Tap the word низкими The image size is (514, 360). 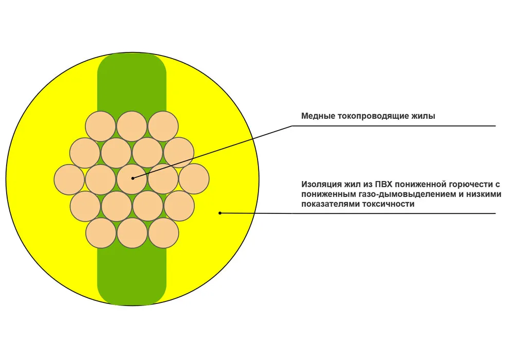tap(484, 194)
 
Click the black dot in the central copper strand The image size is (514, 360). tap(133, 178)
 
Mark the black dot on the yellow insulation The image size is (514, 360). tap(221, 213)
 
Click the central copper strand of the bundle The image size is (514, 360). tap(132, 179)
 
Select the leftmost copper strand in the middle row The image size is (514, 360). tap(69, 179)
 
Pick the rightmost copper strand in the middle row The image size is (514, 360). tap(194, 179)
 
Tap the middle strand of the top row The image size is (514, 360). tap(132, 126)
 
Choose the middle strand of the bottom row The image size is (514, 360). tap(133, 233)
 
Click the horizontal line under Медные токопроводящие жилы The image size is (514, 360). tap(394, 126)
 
